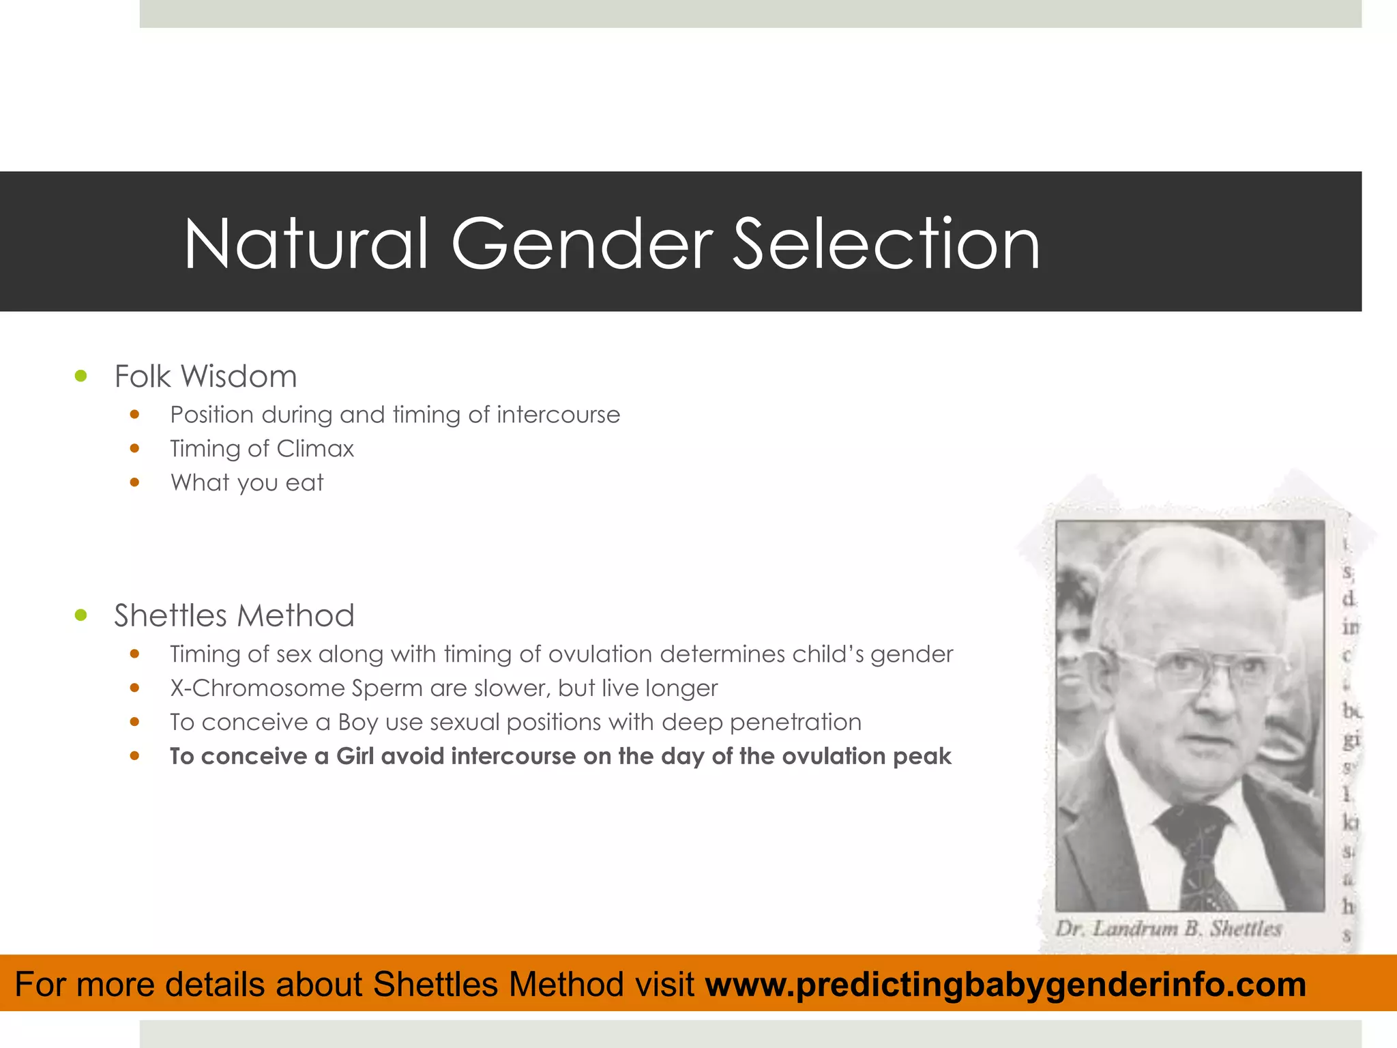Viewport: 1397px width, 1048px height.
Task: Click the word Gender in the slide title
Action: click(582, 244)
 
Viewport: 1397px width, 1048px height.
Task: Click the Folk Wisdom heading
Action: click(205, 377)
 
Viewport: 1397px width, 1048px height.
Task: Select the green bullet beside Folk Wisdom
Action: click(81, 376)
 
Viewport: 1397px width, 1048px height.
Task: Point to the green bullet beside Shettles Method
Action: click(81, 615)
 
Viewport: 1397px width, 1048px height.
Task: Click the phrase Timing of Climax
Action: click(262, 449)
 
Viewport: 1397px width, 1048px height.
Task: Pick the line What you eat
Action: click(246, 483)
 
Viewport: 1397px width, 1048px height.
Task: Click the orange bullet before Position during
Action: click(134, 414)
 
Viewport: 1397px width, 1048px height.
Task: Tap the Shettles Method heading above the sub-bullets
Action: click(234, 615)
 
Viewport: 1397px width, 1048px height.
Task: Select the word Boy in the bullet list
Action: click(357, 723)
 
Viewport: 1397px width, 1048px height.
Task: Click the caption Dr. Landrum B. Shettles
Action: click(1168, 929)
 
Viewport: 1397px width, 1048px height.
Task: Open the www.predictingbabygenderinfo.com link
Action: click(1005, 985)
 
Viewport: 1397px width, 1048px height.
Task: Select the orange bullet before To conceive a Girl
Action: click(134, 756)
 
